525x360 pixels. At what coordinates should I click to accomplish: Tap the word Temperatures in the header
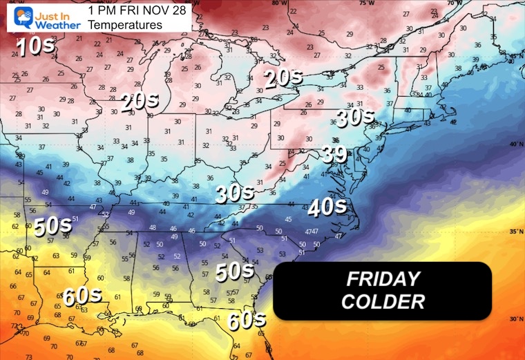click(126, 25)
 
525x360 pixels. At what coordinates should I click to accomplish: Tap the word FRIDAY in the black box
click(383, 279)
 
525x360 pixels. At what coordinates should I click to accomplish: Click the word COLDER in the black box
click(383, 301)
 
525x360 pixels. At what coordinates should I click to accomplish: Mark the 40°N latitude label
click(513, 144)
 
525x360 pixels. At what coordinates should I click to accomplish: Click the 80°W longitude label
click(279, 3)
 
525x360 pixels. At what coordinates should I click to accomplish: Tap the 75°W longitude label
click(385, 3)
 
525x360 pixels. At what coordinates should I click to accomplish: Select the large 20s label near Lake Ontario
click(283, 77)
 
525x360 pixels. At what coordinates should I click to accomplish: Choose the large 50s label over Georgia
click(236, 271)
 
